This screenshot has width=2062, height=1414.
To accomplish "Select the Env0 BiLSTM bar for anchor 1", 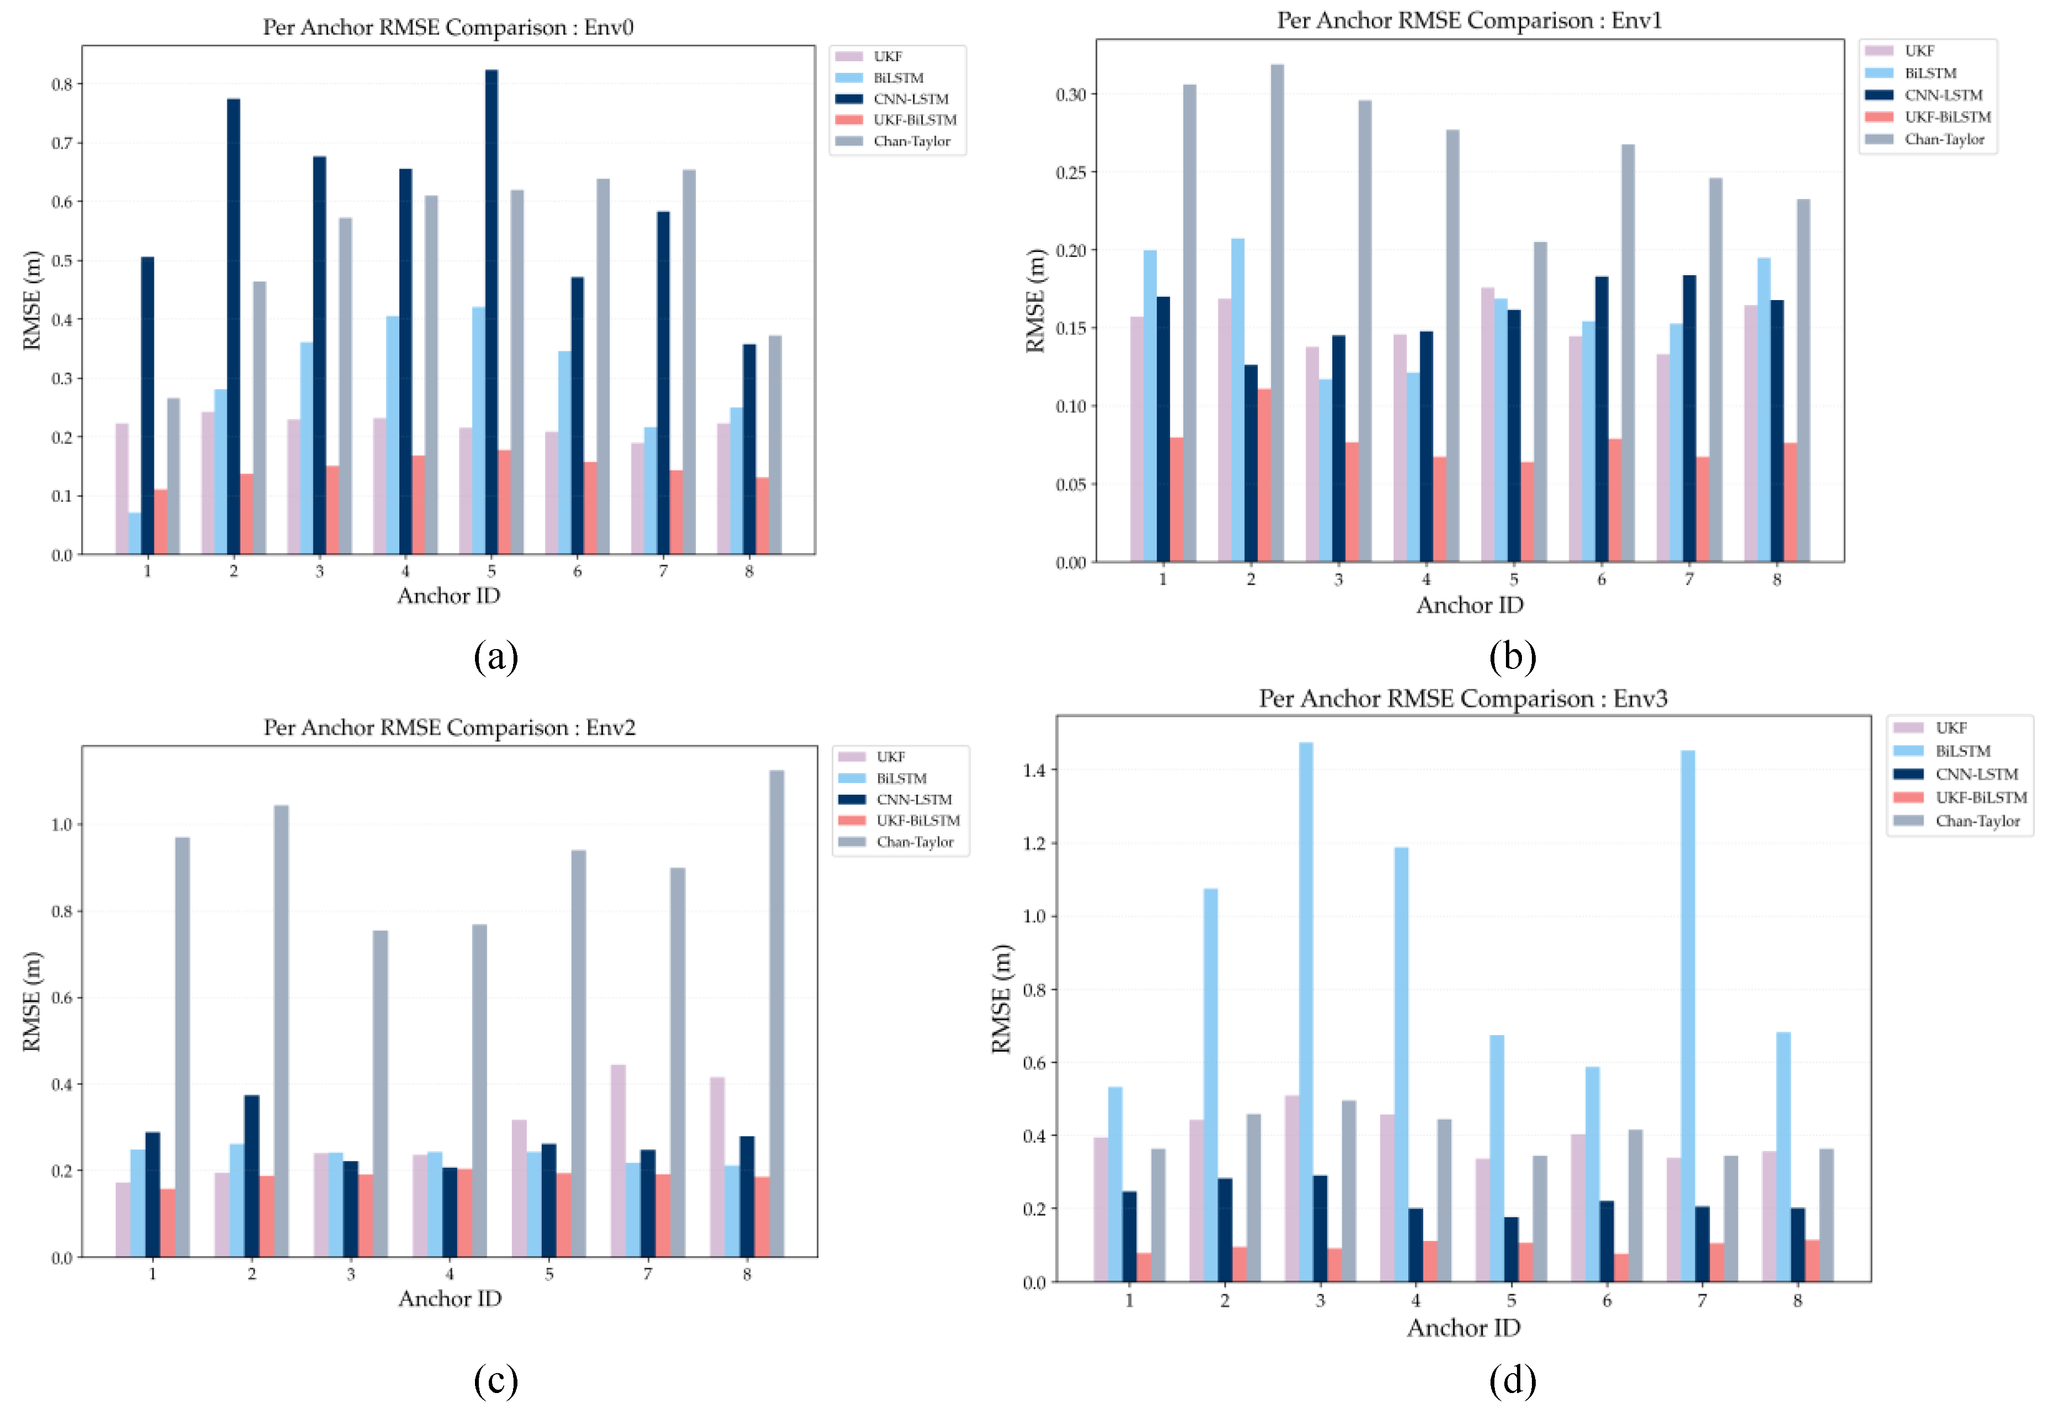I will click(x=134, y=533).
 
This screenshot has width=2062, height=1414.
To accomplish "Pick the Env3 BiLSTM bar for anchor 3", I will click(x=1306, y=1011).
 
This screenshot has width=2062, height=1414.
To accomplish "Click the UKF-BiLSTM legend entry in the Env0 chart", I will click(x=914, y=120).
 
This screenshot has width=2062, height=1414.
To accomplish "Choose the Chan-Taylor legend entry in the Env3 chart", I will click(x=1977, y=821).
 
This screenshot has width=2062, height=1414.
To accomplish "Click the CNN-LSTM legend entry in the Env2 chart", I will click(x=914, y=799).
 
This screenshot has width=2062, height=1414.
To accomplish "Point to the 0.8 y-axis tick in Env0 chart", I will click(x=62, y=84).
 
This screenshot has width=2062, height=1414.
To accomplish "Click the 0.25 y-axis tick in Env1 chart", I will click(x=1070, y=172).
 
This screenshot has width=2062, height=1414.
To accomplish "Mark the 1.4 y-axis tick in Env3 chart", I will click(x=1034, y=770).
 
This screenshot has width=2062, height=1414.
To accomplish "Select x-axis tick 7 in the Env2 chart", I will click(x=648, y=1274).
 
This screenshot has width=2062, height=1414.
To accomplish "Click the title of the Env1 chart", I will click(x=1470, y=20).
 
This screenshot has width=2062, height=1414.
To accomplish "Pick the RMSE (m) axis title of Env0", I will click(x=32, y=300).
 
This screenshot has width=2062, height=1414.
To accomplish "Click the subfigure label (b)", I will click(x=1512, y=656).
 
